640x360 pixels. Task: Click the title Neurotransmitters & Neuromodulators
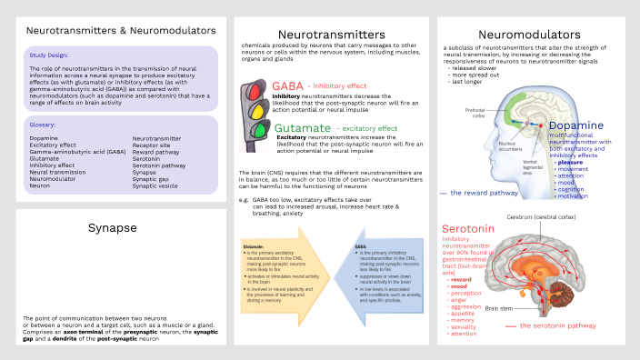pyautogui.click(x=115, y=31)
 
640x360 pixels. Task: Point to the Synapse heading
pyautogui.click(x=115, y=226)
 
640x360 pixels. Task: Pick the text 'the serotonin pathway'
pyautogui.click(x=559, y=325)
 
